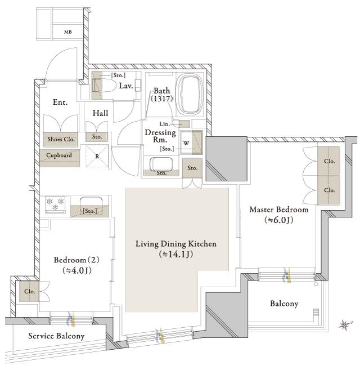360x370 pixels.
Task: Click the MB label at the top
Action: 68,32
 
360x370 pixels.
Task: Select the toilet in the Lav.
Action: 103,85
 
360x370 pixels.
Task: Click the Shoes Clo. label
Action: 61,139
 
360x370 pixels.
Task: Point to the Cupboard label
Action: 59,155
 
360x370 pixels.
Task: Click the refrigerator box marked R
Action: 97,156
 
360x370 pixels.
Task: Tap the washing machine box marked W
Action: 186,142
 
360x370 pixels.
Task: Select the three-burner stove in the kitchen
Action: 55,204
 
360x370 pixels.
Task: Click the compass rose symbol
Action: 345,325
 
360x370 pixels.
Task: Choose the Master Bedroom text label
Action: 279,209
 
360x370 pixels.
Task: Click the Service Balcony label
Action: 56,336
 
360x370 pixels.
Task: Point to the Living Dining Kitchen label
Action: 176,244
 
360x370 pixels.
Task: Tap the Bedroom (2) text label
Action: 76,260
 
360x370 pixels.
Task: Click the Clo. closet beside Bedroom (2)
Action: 29,291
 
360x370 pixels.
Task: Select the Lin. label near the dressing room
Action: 165,124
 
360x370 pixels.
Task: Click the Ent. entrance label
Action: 60,102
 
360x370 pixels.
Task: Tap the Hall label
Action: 101,113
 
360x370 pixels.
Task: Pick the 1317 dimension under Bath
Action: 163,99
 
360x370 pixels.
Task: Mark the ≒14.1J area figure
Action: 176,254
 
